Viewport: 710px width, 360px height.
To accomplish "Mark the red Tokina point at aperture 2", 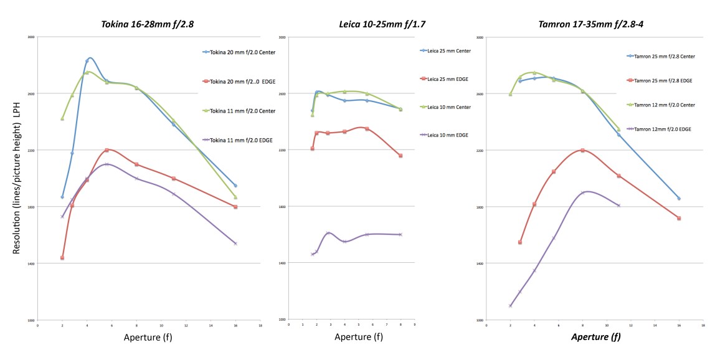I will tap(62, 257).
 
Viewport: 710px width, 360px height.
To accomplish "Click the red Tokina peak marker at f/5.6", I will tap(107, 150).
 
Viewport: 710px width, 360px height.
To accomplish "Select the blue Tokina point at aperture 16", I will tap(235, 186).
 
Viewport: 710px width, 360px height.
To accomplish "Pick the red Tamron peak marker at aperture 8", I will tap(582, 150).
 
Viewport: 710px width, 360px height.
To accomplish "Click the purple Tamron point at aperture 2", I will tap(510, 306).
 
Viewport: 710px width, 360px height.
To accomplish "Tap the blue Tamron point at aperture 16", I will tap(679, 199).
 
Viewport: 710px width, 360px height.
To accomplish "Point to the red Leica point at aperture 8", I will tap(400, 156).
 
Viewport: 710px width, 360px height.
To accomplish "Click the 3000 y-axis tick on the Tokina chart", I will tap(31, 37).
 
